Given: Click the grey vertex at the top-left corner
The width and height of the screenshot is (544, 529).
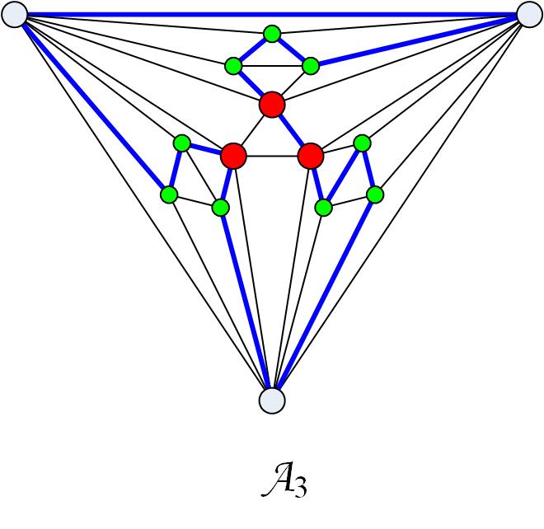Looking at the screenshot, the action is (15, 14).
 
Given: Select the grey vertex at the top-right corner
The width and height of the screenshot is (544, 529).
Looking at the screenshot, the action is (528, 14).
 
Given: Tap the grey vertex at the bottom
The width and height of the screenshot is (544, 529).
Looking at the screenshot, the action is (271, 400).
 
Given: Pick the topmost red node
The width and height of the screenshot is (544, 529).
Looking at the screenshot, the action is (271, 105).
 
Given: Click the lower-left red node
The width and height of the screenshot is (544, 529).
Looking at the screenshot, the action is (234, 155).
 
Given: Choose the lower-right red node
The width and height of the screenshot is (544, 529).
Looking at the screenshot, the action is (310, 155).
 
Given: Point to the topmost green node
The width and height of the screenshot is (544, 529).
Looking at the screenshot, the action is (271, 34).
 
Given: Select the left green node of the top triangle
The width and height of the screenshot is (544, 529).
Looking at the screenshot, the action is (233, 65).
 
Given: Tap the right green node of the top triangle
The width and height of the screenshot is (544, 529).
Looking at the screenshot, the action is (311, 65).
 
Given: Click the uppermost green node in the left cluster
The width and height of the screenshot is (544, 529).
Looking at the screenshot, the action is (182, 143).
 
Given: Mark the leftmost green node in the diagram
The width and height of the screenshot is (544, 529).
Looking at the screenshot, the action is (169, 195).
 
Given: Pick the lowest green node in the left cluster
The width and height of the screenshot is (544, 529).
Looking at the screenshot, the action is (220, 207).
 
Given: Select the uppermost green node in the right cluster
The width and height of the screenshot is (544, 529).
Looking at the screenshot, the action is (361, 143).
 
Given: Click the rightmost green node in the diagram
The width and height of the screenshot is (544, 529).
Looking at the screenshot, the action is (375, 195).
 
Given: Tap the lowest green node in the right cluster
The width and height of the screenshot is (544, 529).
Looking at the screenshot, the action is (324, 207).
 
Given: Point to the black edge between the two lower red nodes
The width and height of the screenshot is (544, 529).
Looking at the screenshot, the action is (272, 156).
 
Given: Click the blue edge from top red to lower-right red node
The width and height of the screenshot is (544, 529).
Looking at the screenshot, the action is (291, 130).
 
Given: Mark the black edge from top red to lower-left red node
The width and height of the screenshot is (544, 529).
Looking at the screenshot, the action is (253, 130).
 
